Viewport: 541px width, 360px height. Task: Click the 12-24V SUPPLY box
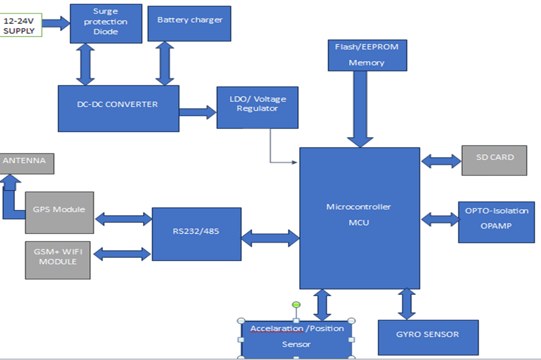[x=20, y=25]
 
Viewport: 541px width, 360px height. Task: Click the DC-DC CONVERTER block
[x=118, y=108]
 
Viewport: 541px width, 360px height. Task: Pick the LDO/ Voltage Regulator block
[x=258, y=108]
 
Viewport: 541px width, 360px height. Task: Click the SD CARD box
[x=494, y=160]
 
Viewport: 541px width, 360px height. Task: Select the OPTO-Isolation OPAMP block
[x=496, y=222]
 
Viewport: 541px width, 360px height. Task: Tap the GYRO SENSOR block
[x=428, y=337]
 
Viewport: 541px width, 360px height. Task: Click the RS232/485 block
[x=197, y=234]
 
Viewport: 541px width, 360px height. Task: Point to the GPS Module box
[x=59, y=212]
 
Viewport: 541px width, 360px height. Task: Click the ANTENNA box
[x=27, y=163]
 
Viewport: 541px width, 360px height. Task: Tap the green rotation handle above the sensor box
[x=296, y=304]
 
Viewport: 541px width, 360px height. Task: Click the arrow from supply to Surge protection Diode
[x=56, y=23]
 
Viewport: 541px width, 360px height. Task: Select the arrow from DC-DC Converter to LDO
[x=198, y=112]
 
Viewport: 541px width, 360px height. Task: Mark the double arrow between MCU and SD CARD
[x=441, y=161]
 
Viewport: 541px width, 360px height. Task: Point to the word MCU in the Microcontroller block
[x=359, y=223]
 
